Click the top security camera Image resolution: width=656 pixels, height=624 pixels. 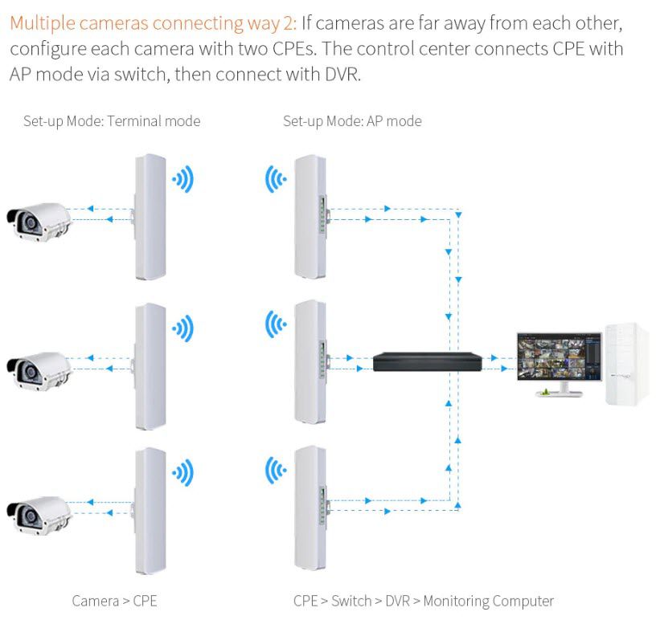pos(39,222)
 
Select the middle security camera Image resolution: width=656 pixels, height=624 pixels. pos(39,371)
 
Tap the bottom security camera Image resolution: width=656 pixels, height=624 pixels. pos(39,516)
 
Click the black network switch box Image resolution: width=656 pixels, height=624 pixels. pos(427,361)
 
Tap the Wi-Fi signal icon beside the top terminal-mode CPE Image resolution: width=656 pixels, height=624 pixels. pos(182,179)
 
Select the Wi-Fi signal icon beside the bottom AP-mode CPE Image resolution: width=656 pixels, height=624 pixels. pos(276,471)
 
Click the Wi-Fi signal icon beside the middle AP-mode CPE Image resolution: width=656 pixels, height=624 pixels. pos(276,324)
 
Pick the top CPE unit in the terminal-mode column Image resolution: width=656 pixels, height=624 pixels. pos(150,217)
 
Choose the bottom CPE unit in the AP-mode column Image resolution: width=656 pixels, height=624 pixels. pos(311,508)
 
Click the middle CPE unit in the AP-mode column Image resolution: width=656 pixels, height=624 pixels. pos(311,362)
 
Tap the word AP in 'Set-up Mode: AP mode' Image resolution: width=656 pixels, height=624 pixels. pos(375,121)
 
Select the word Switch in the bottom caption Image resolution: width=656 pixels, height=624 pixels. pos(351,601)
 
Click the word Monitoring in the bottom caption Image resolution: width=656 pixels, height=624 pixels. pos(456,602)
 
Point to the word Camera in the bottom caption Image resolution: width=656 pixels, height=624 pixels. pos(96,601)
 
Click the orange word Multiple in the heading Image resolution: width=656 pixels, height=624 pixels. pos(43,23)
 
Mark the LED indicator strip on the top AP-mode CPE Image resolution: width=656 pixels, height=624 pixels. pos(322,214)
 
